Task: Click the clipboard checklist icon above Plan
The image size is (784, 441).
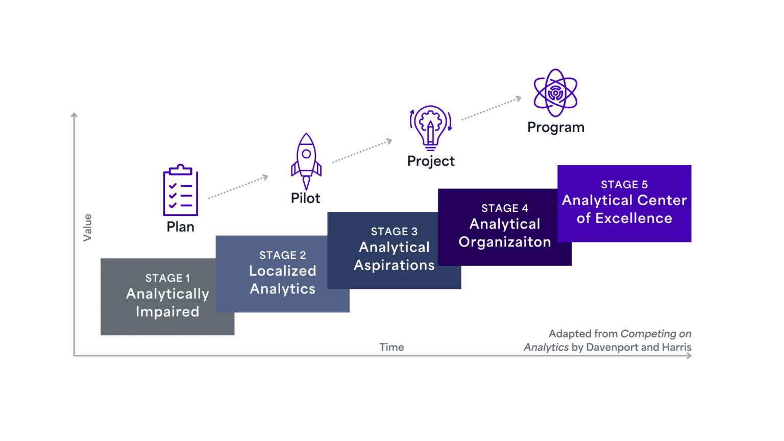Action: (x=181, y=190)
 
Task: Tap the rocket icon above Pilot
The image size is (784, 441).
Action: (x=306, y=161)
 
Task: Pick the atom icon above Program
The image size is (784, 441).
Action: (x=555, y=93)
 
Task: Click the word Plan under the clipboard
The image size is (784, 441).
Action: (x=181, y=226)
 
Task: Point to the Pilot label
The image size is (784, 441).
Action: (x=306, y=198)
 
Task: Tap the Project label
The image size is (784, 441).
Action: (x=431, y=161)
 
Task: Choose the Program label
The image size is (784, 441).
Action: (x=556, y=127)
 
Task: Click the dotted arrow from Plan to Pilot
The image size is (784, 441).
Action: (x=238, y=187)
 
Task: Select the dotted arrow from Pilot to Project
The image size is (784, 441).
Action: (x=362, y=151)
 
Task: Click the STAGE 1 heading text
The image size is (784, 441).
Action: (x=167, y=278)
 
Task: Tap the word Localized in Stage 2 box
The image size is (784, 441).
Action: (x=283, y=271)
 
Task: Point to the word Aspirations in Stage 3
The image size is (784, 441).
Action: (x=394, y=265)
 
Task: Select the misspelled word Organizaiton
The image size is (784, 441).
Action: (x=505, y=242)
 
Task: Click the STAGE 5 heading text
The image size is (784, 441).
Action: (x=624, y=185)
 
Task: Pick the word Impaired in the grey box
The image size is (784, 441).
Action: (x=167, y=312)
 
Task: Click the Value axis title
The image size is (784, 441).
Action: (x=88, y=228)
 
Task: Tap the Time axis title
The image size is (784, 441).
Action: (x=391, y=347)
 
